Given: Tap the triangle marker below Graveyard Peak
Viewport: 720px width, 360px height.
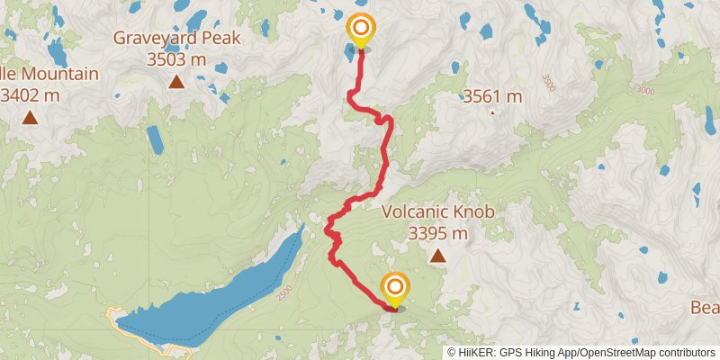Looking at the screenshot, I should [x=176, y=83].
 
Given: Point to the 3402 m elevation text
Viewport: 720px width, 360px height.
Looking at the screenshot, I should [x=36, y=93].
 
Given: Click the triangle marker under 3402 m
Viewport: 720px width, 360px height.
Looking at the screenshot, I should [x=31, y=117].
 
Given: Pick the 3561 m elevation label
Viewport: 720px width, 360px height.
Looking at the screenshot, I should [x=492, y=96].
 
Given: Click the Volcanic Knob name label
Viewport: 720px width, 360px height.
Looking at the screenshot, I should [x=438, y=212].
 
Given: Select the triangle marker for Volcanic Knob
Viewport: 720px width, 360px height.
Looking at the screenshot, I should [x=438, y=256].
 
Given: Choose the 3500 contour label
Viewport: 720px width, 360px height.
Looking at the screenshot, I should [x=548, y=80].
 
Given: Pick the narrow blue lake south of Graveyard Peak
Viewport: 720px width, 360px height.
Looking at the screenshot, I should [x=155, y=139].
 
